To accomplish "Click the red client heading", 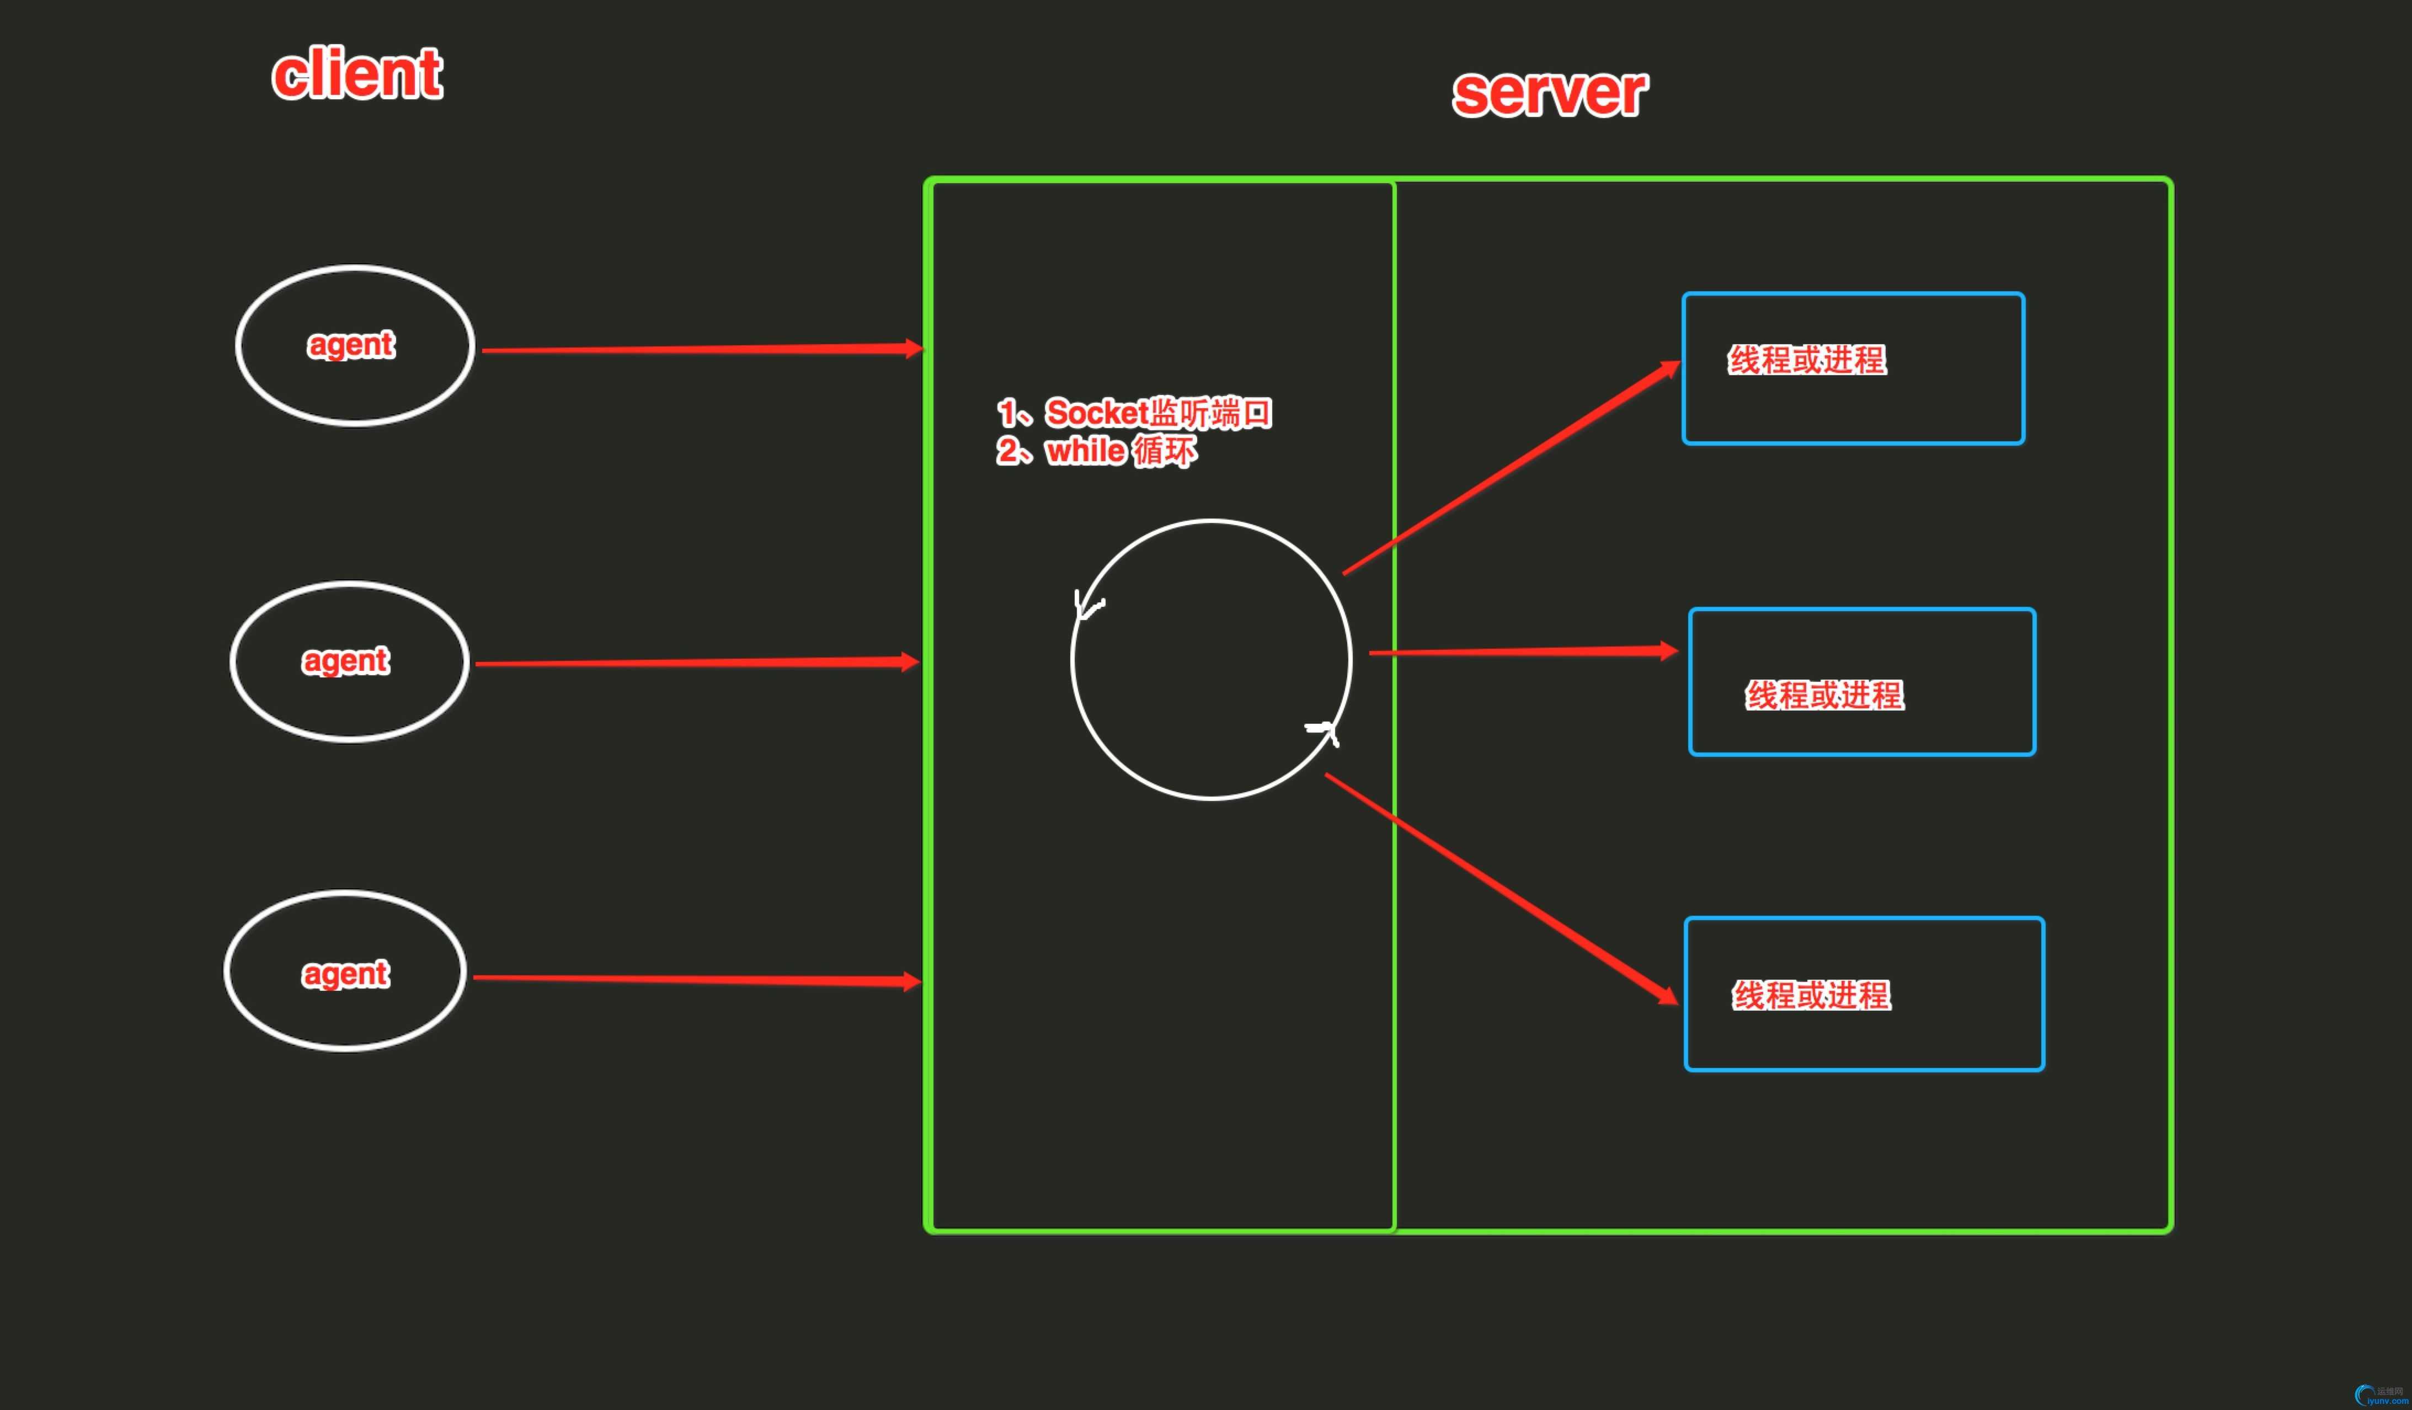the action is (357, 74).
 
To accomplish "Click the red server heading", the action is (1550, 93).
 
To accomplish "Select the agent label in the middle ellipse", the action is (345, 660).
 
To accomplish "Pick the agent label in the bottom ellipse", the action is (345, 974).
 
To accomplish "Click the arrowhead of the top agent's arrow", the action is (914, 349).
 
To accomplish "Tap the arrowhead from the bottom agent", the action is (911, 981).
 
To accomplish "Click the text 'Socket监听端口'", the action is (1158, 413).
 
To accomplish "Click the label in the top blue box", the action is (1807, 360).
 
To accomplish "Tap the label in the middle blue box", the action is (1824, 695).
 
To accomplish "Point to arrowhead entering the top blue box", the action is (1669, 370).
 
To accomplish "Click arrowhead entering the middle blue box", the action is (1667, 651).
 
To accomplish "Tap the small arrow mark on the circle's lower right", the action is (1324, 732).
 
